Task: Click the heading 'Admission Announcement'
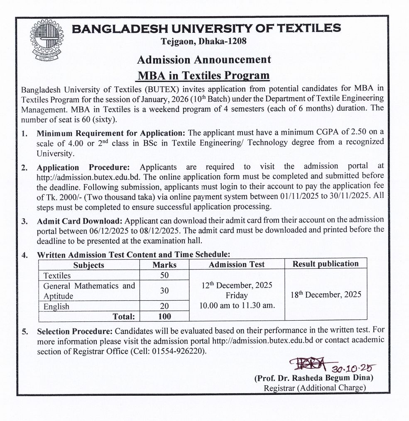coord(204,59)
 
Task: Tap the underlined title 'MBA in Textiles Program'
coord(204,75)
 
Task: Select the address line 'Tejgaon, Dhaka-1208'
coord(204,41)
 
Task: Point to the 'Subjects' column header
coord(89,265)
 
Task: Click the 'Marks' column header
coord(164,265)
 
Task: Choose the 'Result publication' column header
coord(326,264)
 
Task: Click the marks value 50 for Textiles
coord(164,275)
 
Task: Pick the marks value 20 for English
coord(164,306)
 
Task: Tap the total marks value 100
coord(164,316)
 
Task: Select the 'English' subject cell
coord(56,307)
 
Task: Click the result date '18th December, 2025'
coord(326,294)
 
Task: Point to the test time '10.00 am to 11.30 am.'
coord(237,306)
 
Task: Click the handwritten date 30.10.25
coord(353,368)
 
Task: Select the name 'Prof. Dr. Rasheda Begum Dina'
coord(314,378)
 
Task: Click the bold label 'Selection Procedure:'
coord(75,331)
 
